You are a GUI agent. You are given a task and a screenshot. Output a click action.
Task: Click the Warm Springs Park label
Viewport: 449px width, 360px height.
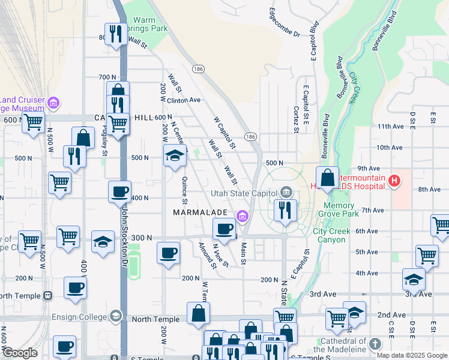point(149,24)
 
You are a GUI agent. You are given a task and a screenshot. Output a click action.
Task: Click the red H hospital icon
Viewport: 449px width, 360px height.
point(394,180)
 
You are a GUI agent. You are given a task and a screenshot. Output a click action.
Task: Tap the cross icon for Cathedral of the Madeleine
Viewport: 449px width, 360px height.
point(375,344)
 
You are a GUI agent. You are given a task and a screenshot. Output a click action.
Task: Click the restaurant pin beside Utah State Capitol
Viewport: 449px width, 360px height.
point(285,211)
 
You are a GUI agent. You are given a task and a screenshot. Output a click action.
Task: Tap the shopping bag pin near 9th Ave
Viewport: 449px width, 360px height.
point(327,178)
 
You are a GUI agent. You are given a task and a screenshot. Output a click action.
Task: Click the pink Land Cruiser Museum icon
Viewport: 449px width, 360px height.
point(53,103)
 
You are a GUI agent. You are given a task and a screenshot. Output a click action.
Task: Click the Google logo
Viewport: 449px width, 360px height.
point(20,353)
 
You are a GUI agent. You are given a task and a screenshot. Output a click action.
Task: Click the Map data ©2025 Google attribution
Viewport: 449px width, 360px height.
point(412,355)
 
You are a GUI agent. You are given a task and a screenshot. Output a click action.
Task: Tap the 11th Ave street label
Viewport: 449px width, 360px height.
point(390,127)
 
